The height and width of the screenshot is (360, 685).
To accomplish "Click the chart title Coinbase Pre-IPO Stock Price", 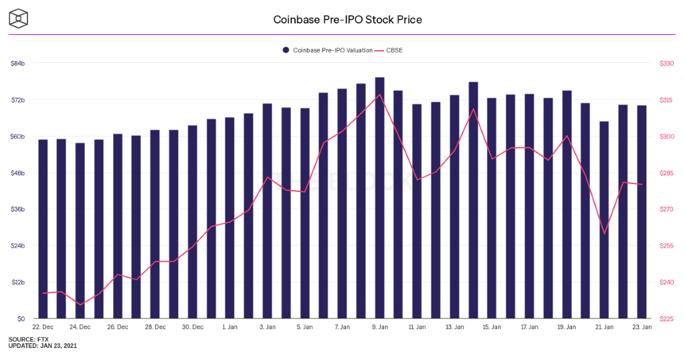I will pyautogui.click(x=347, y=19).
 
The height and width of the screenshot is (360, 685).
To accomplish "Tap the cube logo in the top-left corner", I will pyautogui.click(x=19, y=19).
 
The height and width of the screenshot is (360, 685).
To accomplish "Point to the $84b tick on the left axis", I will pyautogui.click(x=18, y=64).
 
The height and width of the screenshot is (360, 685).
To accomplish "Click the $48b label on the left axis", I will pyautogui.click(x=18, y=173).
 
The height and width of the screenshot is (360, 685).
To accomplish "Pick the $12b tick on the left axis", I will pyautogui.click(x=18, y=282).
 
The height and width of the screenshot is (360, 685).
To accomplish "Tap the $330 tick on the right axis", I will pyautogui.click(x=667, y=64).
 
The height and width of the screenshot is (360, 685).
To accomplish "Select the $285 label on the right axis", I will pyautogui.click(x=667, y=173).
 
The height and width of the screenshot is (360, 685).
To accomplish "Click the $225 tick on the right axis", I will pyautogui.click(x=667, y=319).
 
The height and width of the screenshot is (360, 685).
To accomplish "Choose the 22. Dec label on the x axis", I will pyautogui.click(x=43, y=327).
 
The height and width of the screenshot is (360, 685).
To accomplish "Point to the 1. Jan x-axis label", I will pyautogui.click(x=229, y=327).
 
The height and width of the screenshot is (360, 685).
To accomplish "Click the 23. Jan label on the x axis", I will pyautogui.click(x=642, y=327).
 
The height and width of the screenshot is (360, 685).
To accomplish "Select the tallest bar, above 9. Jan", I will pyautogui.click(x=379, y=201).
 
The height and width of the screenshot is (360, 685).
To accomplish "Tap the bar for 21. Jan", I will pyautogui.click(x=604, y=221).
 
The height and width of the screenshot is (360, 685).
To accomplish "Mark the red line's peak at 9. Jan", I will pyautogui.click(x=379, y=94).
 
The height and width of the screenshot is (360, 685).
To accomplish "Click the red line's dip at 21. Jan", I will pyautogui.click(x=604, y=234).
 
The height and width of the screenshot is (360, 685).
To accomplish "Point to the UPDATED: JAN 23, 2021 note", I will pyautogui.click(x=43, y=346).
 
